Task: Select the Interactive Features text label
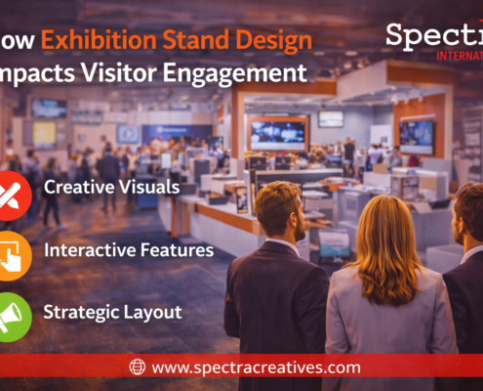pyautogui.click(x=128, y=250)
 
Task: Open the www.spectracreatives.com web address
pyautogui.click(x=256, y=368)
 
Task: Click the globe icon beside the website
pyautogui.click(x=138, y=368)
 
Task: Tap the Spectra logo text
pyautogui.click(x=433, y=35)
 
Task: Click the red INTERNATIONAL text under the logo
pyautogui.click(x=451, y=56)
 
